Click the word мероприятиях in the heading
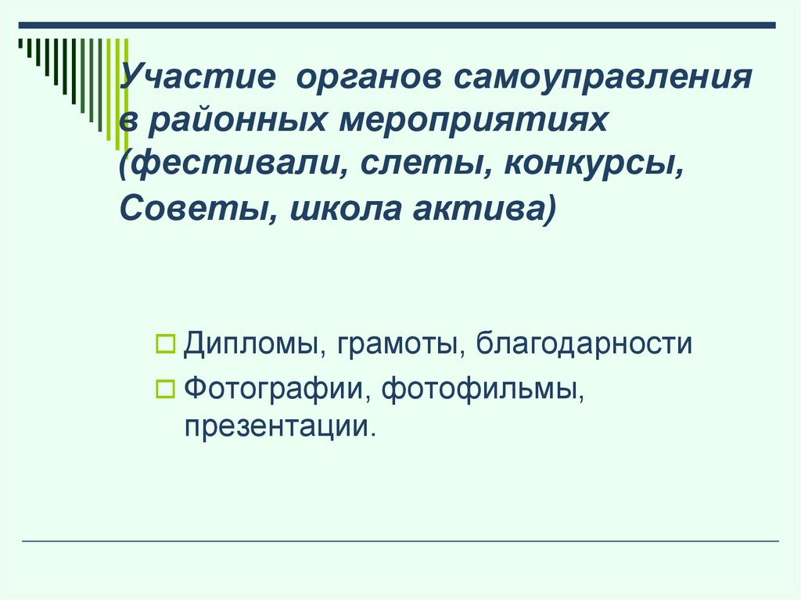coord(472,123)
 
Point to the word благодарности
coord(584,345)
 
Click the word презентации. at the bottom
coord(275,426)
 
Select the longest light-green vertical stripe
coord(126,94)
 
